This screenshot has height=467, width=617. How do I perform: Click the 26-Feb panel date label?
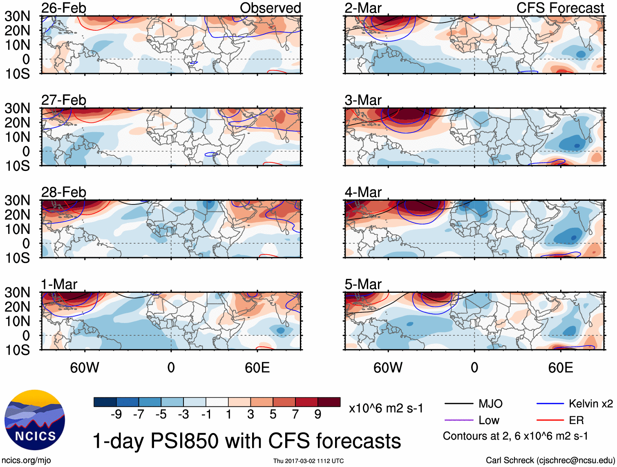click(x=64, y=8)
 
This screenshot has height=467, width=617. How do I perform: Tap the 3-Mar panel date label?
click(x=363, y=100)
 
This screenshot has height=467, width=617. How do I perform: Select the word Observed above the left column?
click(x=270, y=8)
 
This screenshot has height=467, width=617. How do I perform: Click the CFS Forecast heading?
click(x=560, y=8)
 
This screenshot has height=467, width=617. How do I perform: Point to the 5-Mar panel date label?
click(x=363, y=284)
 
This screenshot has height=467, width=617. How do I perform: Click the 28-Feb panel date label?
click(x=64, y=192)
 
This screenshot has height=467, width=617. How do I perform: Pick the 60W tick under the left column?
click(x=85, y=367)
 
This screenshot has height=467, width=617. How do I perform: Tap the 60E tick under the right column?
click(x=560, y=367)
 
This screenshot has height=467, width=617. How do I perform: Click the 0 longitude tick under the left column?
click(x=171, y=367)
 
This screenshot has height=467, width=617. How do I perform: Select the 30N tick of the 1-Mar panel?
click(x=17, y=292)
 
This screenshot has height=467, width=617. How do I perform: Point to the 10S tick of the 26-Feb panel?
click(x=17, y=74)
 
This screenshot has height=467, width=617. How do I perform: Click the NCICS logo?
click(x=35, y=420)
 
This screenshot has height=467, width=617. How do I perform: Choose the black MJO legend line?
click(x=458, y=404)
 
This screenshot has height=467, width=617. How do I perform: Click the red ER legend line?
click(x=550, y=420)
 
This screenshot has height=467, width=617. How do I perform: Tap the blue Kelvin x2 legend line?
click(x=550, y=404)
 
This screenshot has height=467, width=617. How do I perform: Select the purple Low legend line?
click(x=458, y=420)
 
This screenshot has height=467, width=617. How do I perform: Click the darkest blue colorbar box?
click(x=105, y=402)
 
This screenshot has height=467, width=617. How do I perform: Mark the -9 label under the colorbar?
click(x=116, y=414)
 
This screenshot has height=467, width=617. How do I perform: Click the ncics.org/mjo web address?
click(x=26, y=460)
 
